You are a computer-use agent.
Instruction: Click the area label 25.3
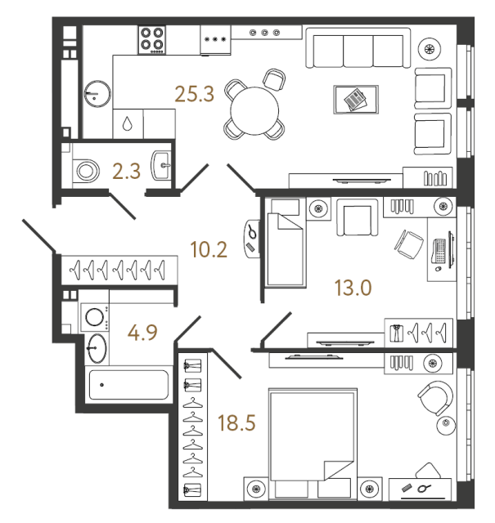tap(195, 94)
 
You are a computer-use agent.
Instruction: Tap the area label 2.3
tap(126, 172)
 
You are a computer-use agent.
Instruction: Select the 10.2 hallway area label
tap(209, 249)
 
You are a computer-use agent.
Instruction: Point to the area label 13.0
tap(353, 288)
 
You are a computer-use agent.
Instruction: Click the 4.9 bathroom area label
tap(142, 333)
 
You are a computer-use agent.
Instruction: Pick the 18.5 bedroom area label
tap(236, 422)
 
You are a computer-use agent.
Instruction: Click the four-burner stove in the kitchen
tap(152, 40)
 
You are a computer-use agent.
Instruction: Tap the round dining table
tap(254, 111)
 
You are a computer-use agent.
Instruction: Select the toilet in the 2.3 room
tap(86, 171)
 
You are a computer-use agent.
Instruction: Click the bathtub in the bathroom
tap(128, 385)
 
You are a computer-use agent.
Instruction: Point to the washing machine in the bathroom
tap(95, 317)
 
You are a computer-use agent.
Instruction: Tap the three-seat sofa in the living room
tap(358, 48)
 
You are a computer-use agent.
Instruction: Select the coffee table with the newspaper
tap(356, 100)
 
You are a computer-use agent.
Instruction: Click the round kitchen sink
tap(97, 94)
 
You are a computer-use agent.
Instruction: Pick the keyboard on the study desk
tap(439, 251)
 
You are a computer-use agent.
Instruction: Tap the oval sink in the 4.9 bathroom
tap(97, 348)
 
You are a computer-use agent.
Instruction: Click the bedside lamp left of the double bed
tap(256, 489)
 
